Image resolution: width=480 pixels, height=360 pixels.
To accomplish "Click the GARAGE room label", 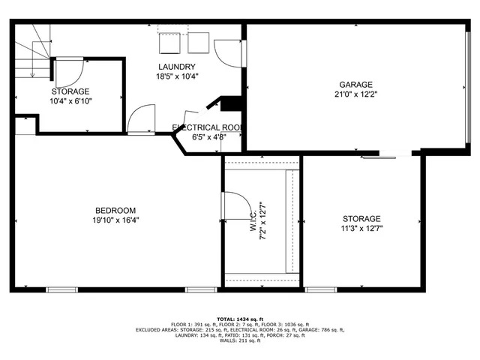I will [355, 85].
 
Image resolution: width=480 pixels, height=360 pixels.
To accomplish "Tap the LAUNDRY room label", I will [177, 66].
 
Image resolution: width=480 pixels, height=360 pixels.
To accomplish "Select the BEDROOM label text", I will [115, 210].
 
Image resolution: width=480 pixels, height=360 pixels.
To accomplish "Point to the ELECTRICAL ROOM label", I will [207, 127].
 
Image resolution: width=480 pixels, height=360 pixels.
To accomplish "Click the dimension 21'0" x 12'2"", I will [355, 94].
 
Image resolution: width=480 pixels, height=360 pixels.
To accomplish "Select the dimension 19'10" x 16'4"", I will [115, 220].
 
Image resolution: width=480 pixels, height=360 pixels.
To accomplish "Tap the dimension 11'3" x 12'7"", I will [361, 229].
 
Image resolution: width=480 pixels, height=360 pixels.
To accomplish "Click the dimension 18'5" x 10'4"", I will [177, 76].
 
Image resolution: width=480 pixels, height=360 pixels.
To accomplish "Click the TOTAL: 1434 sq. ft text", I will [240, 318].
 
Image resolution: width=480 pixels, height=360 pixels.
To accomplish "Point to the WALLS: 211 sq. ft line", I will [240, 341].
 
